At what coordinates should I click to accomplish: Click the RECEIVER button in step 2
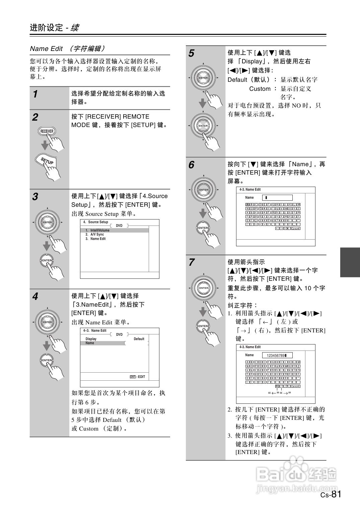47,131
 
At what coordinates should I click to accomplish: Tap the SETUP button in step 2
47,161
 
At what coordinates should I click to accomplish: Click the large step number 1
35,94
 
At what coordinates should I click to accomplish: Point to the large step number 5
191,53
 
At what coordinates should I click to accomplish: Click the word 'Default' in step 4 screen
139,339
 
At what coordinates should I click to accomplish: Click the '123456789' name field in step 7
277,355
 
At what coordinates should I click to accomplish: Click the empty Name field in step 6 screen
277,198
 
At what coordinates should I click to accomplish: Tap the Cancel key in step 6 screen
295,229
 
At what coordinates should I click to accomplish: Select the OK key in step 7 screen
287,386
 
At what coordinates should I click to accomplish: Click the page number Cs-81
331,494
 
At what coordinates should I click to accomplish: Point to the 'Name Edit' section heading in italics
46,49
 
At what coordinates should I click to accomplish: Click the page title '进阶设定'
46,27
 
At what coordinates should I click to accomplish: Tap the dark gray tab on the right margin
350,262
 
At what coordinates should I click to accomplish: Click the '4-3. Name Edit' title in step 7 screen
250,347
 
